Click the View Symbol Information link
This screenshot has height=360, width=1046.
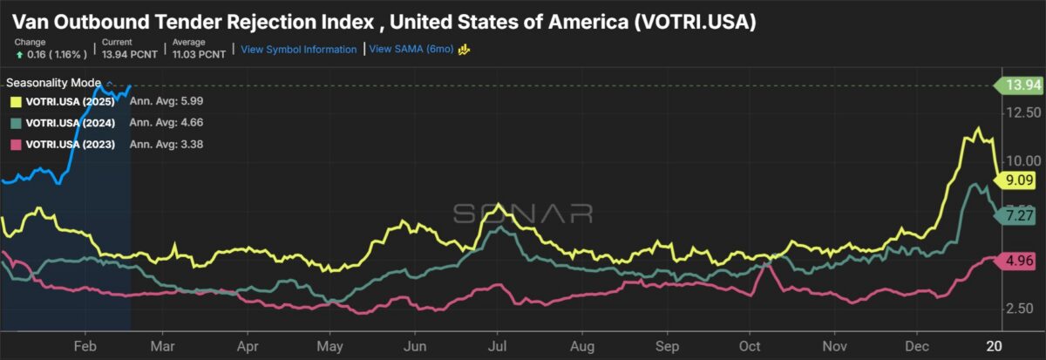299,50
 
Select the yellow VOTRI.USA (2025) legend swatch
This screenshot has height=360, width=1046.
16,102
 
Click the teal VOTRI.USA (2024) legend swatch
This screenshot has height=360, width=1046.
16,123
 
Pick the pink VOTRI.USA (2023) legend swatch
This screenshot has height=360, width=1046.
16,144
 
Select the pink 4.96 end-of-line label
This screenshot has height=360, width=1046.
1019,259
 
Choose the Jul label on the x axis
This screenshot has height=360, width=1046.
497,344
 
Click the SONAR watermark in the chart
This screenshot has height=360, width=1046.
522,213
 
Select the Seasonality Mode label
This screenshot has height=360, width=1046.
53,83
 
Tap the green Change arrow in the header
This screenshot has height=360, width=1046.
18,54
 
